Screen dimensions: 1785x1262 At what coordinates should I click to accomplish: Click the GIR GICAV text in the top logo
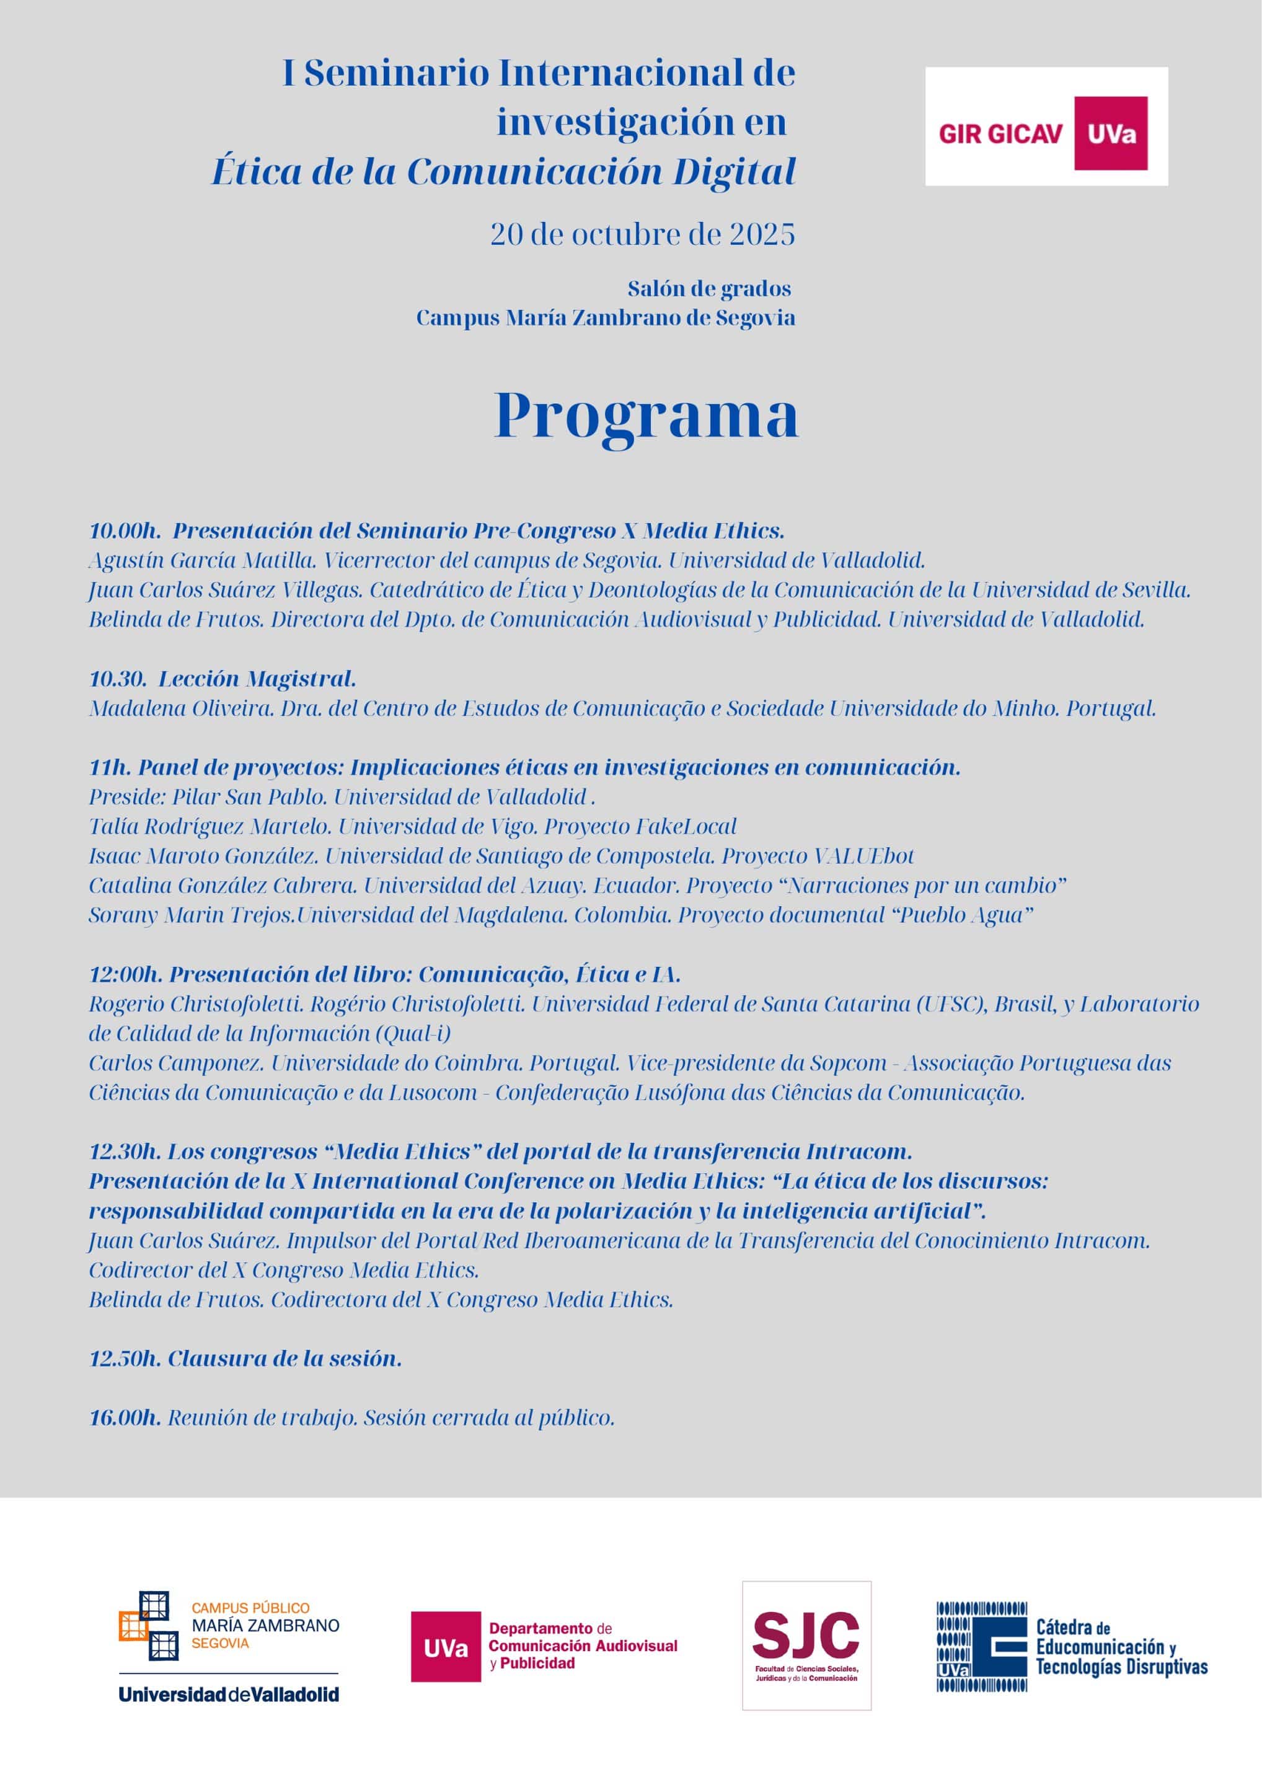click(1000, 134)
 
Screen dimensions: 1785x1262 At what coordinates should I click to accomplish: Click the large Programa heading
click(645, 416)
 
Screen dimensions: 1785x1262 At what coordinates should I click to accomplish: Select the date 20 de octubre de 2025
click(642, 234)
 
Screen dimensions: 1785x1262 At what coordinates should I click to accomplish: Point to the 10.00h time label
click(125, 531)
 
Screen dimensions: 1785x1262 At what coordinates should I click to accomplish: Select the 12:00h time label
click(126, 974)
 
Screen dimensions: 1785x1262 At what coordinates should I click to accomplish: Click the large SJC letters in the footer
click(806, 1634)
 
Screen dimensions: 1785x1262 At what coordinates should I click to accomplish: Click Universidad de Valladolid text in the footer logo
click(229, 1694)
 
